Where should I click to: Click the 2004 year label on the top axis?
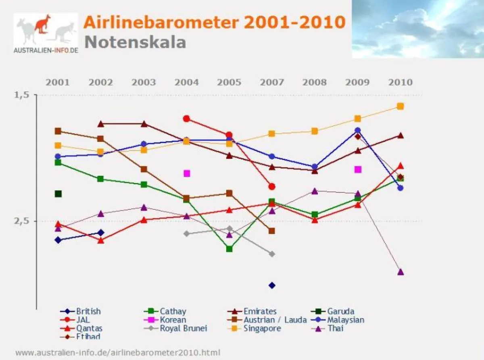pos(186,83)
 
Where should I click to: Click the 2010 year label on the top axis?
pos(400,83)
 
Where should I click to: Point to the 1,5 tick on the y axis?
pos(22,95)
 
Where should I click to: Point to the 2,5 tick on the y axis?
pos(22,221)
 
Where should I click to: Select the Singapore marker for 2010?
pos(400,106)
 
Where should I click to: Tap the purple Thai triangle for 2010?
pos(400,272)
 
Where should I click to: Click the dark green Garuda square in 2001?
pos(58,194)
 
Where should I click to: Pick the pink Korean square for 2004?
pos(187,173)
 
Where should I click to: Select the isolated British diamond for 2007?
pos(272,285)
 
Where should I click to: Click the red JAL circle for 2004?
pos(186,119)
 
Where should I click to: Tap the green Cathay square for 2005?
pos(229,249)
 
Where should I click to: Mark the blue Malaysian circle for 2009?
pos(357,130)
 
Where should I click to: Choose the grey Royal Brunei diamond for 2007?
pos(272,254)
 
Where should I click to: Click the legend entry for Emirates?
pos(260,311)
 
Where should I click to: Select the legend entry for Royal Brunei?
pos(183,328)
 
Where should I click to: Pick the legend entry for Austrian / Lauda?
pos(275,320)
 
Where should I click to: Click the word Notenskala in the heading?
pos(135,42)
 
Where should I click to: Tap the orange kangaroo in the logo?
pos(42,24)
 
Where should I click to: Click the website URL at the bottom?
pos(118,353)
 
